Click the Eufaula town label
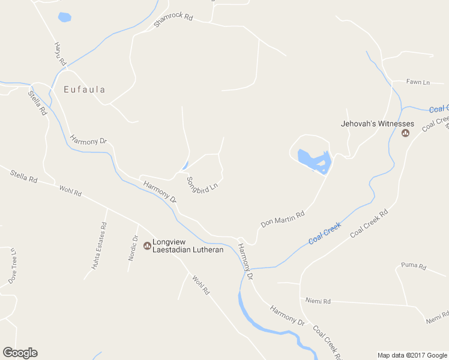click(x=85, y=90)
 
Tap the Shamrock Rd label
click(x=173, y=19)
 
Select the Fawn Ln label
click(x=418, y=82)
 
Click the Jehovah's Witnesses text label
click(x=378, y=124)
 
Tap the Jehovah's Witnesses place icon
click(x=405, y=133)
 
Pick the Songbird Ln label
click(x=201, y=188)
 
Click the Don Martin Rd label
click(x=283, y=218)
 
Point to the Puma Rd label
click(x=413, y=266)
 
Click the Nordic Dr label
click(x=134, y=247)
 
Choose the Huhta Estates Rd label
click(x=100, y=244)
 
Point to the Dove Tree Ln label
click(x=13, y=266)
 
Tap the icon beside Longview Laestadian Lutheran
click(x=147, y=245)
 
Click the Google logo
click(x=20, y=353)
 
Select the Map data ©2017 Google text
click(x=412, y=355)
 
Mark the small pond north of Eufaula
click(x=64, y=17)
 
